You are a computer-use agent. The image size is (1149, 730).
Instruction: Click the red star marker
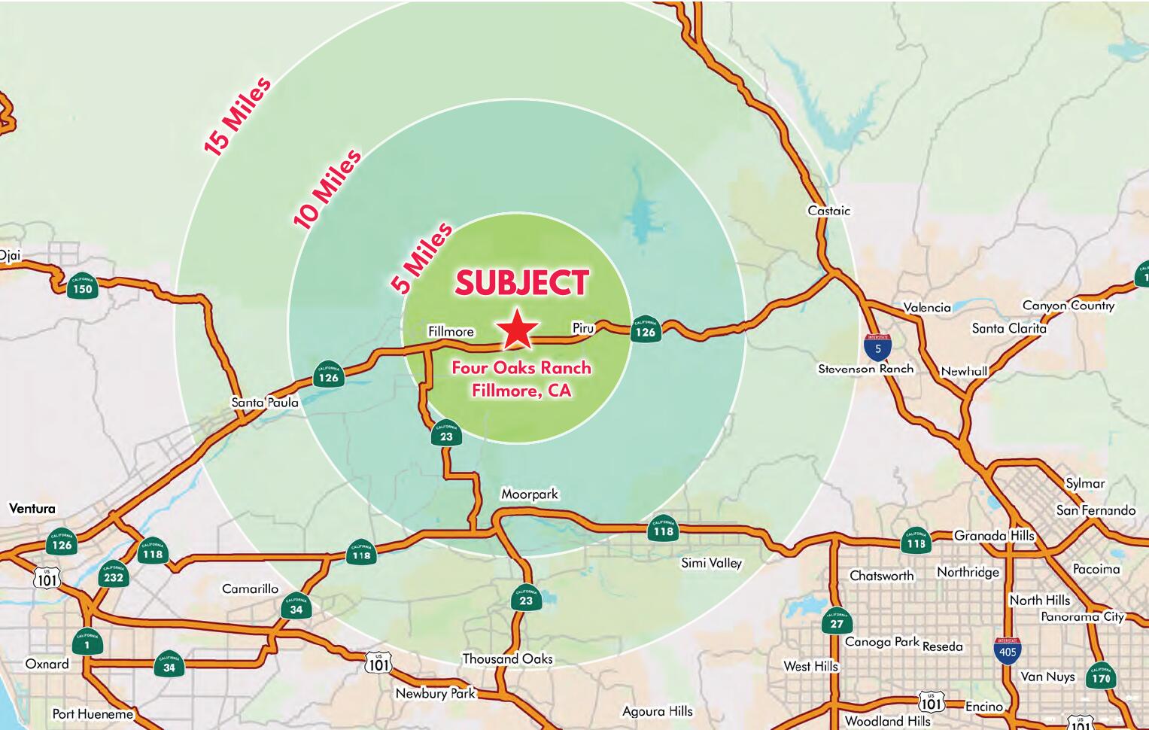[x=518, y=330]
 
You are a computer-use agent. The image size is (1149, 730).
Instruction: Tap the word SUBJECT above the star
[x=521, y=283]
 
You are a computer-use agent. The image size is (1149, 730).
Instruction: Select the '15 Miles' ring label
[x=237, y=117]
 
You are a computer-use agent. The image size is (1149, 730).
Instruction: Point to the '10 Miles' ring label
[x=327, y=189]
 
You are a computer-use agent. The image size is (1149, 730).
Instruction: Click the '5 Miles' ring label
[x=421, y=258]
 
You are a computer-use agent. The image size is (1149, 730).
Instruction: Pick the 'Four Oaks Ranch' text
[x=521, y=368]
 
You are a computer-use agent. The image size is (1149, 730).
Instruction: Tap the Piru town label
[x=583, y=328]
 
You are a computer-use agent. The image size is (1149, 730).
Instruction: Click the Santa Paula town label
[x=265, y=403]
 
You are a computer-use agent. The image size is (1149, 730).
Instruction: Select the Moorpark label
[x=530, y=494]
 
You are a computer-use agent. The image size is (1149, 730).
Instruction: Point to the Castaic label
[x=828, y=211]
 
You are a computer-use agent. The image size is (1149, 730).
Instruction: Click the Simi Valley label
[x=711, y=563]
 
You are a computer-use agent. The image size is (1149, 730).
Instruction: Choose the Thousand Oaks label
[x=507, y=659]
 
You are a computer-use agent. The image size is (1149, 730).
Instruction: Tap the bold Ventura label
[x=32, y=509]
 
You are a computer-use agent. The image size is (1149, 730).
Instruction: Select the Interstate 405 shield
[x=1008, y=650]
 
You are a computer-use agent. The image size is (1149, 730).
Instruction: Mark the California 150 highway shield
[x=82, y=287]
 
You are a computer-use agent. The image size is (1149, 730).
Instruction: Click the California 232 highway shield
[x=114, y=576]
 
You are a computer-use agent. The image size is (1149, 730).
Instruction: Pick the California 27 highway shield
[x=837, y=622]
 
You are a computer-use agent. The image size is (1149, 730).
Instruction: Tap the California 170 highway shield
[x=1100, y=676]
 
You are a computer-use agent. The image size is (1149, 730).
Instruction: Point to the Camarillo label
[x=250, y=589]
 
